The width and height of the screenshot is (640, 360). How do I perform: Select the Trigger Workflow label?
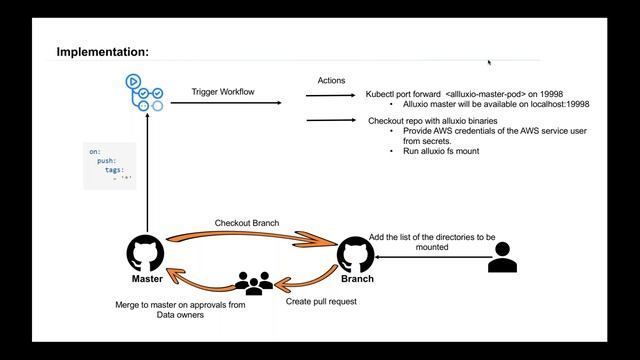click(x=223, y=91)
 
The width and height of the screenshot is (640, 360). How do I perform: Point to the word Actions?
click(x=331, y=80)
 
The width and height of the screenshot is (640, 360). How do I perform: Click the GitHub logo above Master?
click(x=148, y=253)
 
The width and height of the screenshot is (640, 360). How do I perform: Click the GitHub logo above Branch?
click(x=357, y=254)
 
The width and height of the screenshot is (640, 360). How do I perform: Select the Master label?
click(x=147, y=279)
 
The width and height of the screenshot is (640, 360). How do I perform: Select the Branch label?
click(x=357, y=279)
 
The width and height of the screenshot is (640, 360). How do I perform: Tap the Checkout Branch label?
click(x=245, y=223)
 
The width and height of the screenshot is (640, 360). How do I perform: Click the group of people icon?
click(x=254, y=282)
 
